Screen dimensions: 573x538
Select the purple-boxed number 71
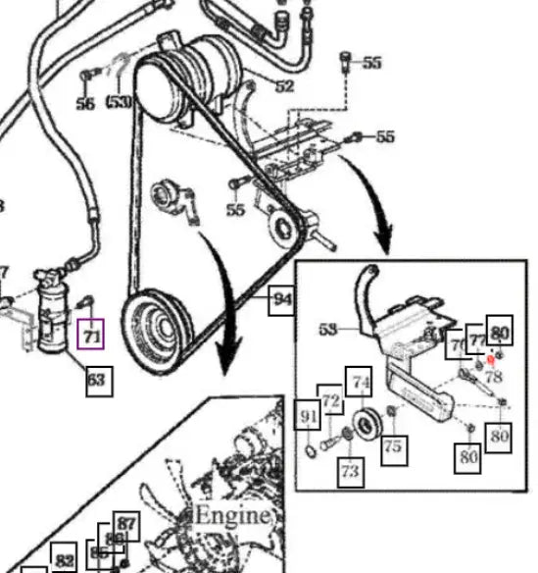(91, 337)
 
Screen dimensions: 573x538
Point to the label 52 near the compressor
(284, 86)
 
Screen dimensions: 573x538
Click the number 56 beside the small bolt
(85, 102)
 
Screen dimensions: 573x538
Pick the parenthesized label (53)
(120, 101)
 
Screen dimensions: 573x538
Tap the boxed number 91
(309, 418)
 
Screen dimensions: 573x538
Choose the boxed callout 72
(330, 401)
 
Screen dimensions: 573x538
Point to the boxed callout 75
(392, 445)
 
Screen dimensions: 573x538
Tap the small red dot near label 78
(490, 360)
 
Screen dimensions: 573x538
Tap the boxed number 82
(65, 560)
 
